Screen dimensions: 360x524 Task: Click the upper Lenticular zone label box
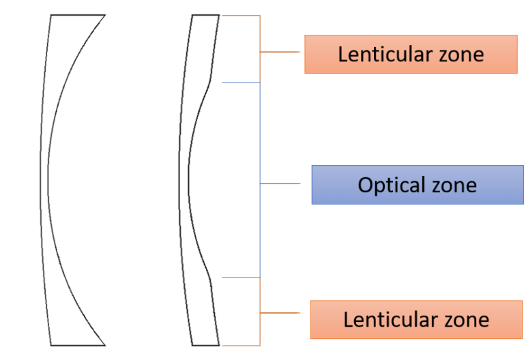pos(411,54)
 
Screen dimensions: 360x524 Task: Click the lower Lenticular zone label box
pos(416,319)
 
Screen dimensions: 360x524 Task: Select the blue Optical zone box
pos(417,184)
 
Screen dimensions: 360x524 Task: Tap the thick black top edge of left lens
pos(78,15)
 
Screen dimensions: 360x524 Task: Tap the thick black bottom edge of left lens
pos(78,345)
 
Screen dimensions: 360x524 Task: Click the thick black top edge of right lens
pos(206,15)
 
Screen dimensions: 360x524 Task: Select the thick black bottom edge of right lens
pos(206,345)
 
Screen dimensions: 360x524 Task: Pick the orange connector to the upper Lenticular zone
pos(280,52)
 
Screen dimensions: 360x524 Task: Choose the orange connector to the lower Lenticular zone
pos(280,314)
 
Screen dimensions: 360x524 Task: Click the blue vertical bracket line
pos(260,136)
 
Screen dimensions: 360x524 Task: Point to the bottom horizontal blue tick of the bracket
pos(242,277)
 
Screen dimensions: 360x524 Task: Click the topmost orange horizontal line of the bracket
pos(240,15)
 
